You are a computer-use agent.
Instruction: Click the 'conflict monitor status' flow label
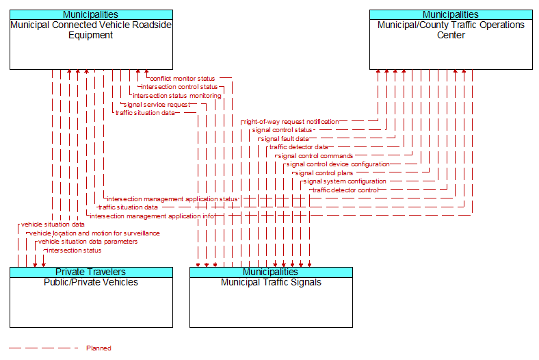click(183, 79)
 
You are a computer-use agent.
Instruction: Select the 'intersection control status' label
click(179, 87)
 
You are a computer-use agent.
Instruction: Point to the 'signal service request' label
click(157, 105)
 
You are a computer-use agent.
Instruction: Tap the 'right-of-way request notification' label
click(291, 122)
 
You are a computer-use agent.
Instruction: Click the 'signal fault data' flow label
click(285, 139)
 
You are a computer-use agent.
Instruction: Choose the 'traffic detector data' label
click(299, 147)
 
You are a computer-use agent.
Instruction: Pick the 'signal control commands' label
click(315, 156)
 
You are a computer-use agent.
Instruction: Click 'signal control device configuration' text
click(338, 164)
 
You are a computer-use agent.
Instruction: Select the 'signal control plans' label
click(324, 173)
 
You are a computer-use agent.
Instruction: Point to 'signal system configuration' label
click(345, 181)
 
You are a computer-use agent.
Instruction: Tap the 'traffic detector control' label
click(345, 190)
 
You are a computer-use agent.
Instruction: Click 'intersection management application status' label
click(172, 199)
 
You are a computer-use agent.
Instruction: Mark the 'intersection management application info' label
click(153, 216)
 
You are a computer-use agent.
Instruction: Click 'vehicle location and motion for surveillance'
click(94, 233)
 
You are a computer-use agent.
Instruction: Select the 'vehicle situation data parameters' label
click(88, 242)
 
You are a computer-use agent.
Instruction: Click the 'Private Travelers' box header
click(91, 272)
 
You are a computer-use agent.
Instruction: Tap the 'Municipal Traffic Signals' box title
click(272, 282)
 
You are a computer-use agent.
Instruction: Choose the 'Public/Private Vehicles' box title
click(91, 282)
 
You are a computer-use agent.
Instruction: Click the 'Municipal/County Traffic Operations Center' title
click(451, 30)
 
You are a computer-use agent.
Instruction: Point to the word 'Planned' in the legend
click(98, 348)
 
